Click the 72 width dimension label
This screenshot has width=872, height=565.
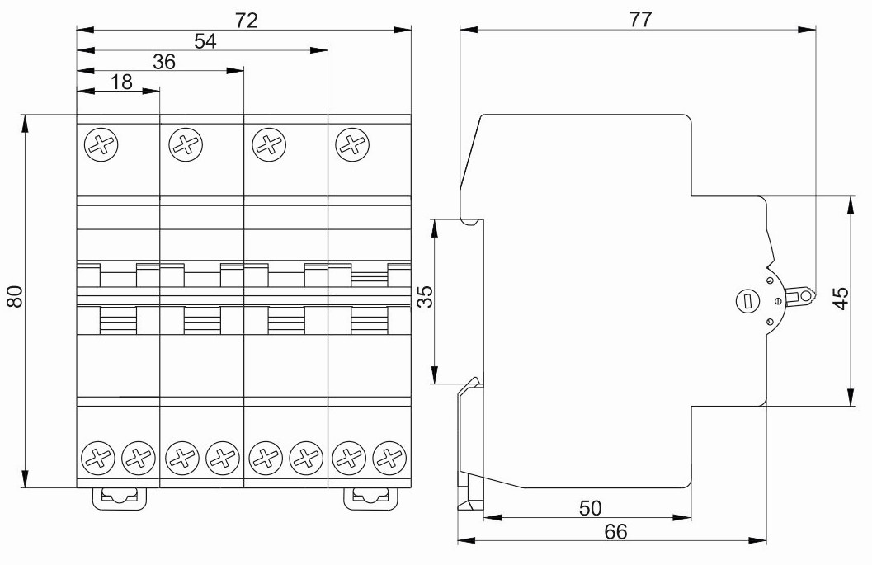(247, 21)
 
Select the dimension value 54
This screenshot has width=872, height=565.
(205, 41)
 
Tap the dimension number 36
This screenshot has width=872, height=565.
(164, 62)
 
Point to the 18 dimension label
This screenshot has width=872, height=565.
(121, 82)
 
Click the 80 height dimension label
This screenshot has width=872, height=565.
(15, 296)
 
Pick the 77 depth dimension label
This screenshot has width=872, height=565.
(640, 20)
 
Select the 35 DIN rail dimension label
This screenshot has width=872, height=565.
(425, 296)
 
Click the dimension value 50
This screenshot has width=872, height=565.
(590, 508)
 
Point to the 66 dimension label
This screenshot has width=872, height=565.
(615, 532)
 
